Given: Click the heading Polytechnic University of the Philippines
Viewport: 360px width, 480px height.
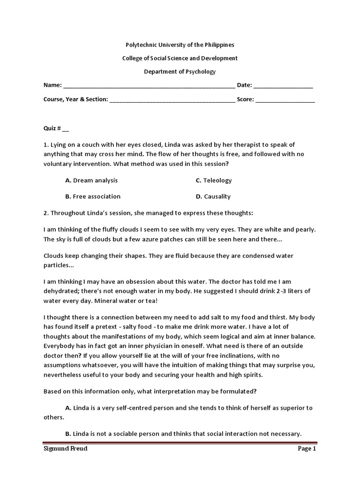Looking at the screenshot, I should (x=180, y=45).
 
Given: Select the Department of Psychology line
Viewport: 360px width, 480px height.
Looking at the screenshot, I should (x=180, y=72).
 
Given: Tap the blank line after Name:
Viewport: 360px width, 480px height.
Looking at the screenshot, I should (x=149, y=86).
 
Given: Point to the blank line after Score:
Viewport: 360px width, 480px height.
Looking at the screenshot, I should (x=285, y=99).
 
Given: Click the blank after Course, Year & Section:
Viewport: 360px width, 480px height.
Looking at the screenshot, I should (x=172, y=99).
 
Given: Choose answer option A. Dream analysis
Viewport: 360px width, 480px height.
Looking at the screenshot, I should (x=91, y=180).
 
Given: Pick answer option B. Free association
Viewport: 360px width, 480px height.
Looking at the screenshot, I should (x=93, y=196).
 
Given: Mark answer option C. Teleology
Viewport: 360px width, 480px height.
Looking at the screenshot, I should (x=214, y=180).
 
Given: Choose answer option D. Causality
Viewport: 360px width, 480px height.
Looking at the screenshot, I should (x=213, y=196).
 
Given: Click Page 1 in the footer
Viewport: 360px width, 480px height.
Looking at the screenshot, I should (x=307, y=449).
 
